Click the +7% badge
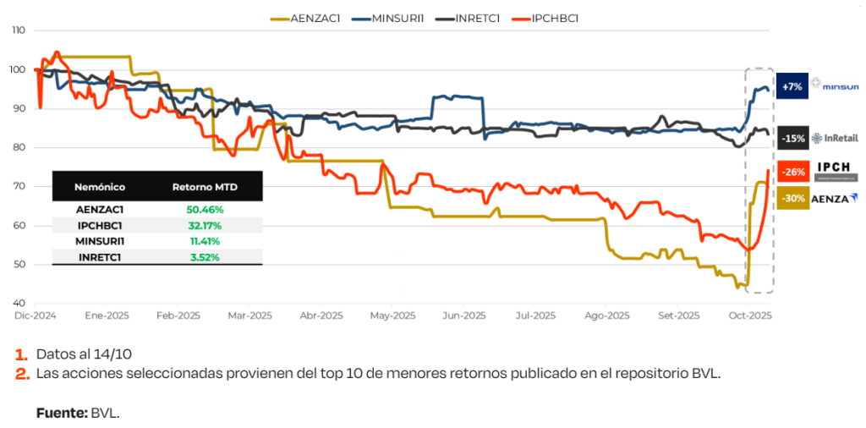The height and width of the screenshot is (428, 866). (x=792, y=86)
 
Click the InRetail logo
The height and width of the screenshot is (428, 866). (x=834, y=139)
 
